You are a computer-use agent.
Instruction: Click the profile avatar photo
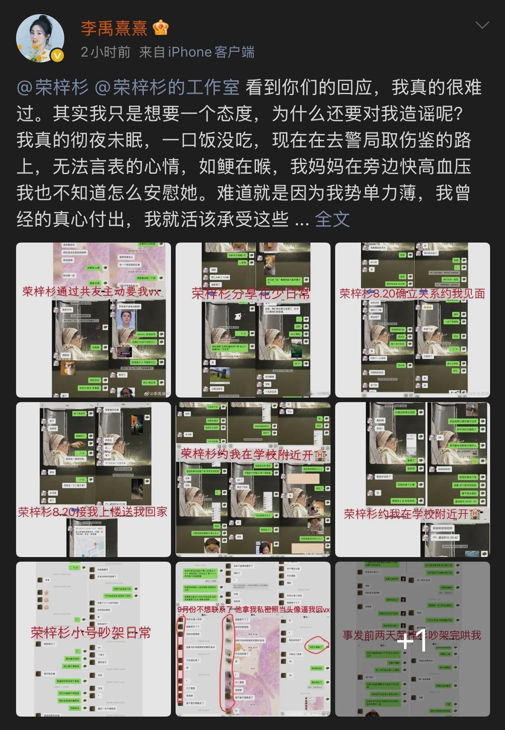pyautogui.click(x=40, y=38)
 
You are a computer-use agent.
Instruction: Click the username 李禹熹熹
pyautogui.click(x=114, y=28)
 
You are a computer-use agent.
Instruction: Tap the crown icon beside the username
pyautogui.click(x=160, y=28)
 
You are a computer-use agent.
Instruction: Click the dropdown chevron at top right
pyautogui.click(x=482, y=25)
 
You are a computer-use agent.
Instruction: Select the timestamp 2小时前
pyautogui.click(x=106, y=52)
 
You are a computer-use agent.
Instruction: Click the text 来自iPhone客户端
pyautogui.click(x=197, y=52)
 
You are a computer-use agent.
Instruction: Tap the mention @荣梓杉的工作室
pyautogui.click(x=167, y=88)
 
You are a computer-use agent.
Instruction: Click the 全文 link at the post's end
pyautogui.click(x=332, y=219)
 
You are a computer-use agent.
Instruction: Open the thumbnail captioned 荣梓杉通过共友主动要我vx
pyautogui.click(x=93, y=320)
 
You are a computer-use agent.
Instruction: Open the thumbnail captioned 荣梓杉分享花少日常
pyautogui.click(x=253, y=320)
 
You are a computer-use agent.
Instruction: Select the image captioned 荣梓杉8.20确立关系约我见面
pyautogui.click(x=412, y=320)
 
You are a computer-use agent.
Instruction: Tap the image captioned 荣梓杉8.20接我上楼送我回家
pyautogui.click(x=93, y=479)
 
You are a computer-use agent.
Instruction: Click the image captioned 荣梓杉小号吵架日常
pyautogui.click(x=93, y=639)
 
